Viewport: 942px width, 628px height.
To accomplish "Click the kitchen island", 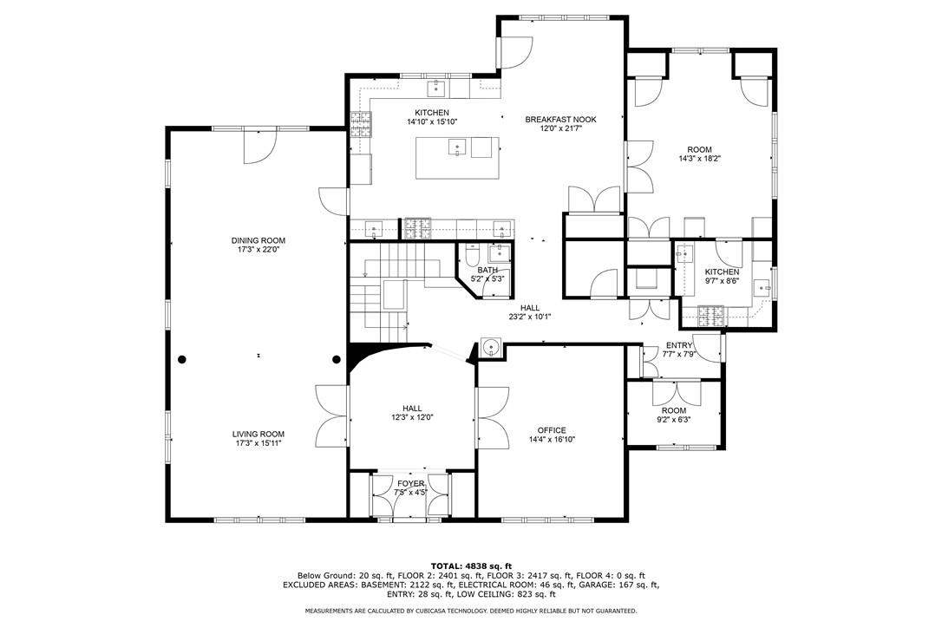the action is pos(458,158).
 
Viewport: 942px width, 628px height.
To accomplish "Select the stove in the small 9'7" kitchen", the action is pos(710,315).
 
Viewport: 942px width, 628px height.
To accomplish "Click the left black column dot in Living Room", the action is pos(182,359).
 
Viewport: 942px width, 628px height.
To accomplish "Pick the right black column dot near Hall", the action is pos(337,359).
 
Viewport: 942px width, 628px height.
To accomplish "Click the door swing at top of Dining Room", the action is pos(259,146).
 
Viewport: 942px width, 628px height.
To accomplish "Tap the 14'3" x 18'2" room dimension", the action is pos(699,159).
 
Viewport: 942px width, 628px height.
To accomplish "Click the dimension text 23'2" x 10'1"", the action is pos(530,317).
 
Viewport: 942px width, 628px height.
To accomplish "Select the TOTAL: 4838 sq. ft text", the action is pos(471,566).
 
